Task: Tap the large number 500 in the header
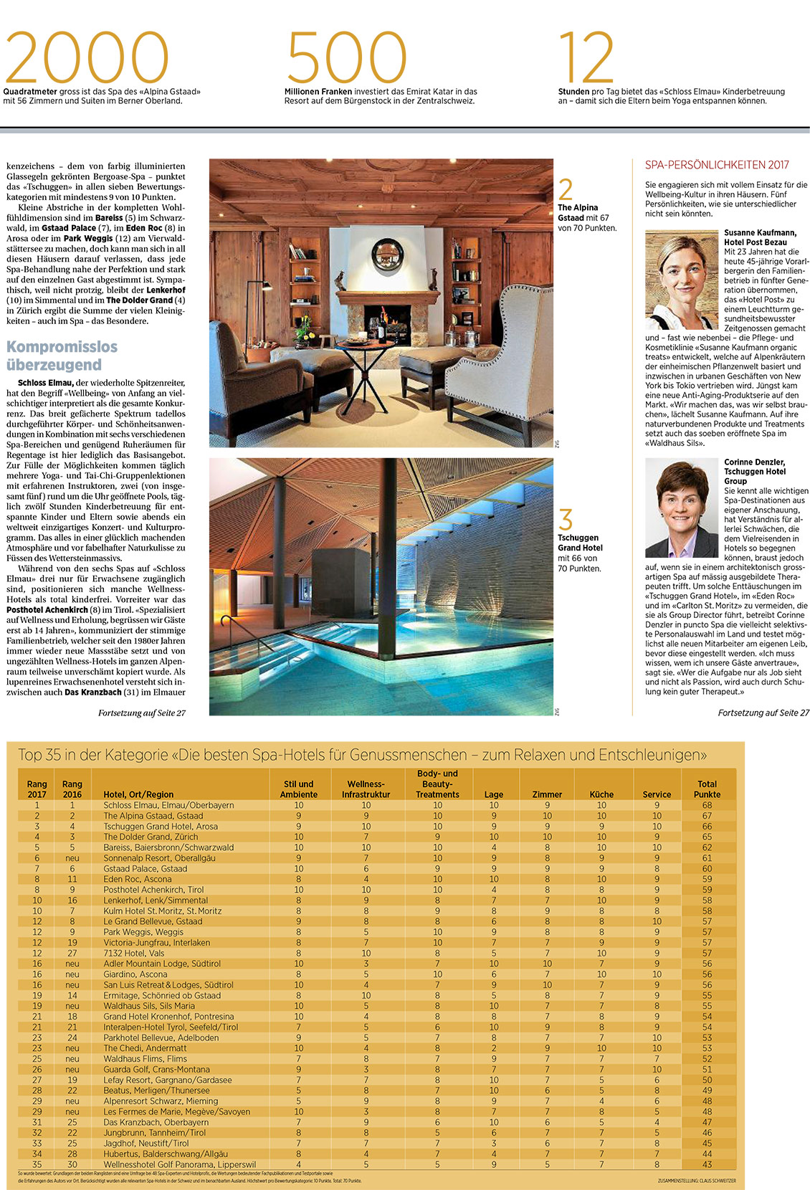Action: click(x=346, y=57)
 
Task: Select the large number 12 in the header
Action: click(x=586, y=57)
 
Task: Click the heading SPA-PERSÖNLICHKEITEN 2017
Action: click(x=717, y=165)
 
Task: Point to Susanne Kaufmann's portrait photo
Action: click(x=681, y=280)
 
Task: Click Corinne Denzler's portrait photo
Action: click(x=681, y=508)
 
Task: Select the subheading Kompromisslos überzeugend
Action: click(x=62, y=356)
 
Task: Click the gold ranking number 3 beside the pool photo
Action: click(x=566, y=519)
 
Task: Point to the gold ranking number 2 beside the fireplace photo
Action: click(x=566, y=189)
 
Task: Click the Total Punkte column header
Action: click(x=707, y=789)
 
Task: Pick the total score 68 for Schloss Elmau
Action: click(x=707, y=805)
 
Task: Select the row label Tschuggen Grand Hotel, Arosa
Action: click(x=161, y=827)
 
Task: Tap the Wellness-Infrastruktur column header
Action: click(x=366, y=789)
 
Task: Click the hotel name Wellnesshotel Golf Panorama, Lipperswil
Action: click(x=179, y=1165)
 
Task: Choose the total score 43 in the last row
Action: click(x=707, y=1165)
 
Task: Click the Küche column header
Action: click(x=601, y=794)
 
